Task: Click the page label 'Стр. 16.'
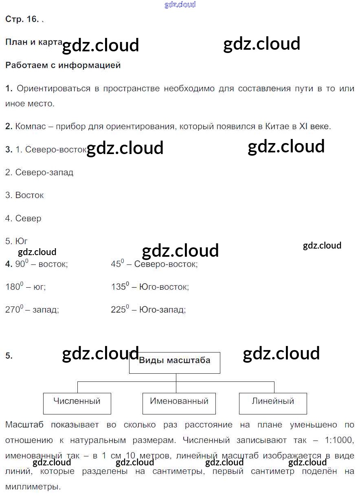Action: pos(22,19)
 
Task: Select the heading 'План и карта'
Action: pos(33,42)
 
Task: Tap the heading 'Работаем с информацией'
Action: pos(63,65)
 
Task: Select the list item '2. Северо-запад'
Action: pos(39,172)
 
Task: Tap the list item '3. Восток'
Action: pos(24,195)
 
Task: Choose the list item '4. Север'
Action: pos(23,218)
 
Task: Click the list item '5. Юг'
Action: pos(17,241)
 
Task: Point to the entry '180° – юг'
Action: pos(26,287)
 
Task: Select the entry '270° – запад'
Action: pos(32,310)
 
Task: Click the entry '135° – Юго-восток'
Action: pos(150,287)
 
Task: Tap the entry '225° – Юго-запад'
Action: pos(148,310)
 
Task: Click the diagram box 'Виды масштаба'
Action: pos(175,362)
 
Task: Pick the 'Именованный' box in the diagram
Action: pos(179,403)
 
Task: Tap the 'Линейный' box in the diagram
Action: pos(273,403)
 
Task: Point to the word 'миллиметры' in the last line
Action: pos(31,487)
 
